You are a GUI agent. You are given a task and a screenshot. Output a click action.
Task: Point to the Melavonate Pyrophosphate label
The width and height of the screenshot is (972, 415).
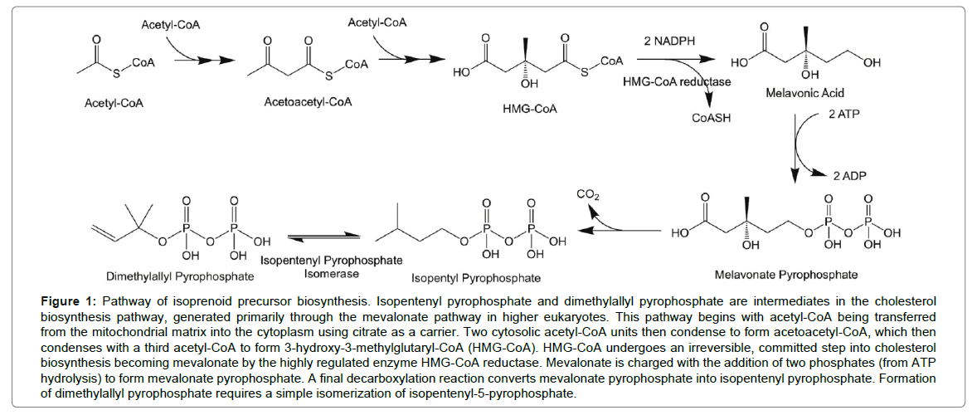(x=785, y=274)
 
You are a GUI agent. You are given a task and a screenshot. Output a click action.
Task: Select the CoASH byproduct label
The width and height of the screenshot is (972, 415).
(x=711, y=119)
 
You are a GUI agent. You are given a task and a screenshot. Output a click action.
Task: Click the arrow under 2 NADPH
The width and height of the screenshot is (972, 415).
(x=672, y=60)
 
